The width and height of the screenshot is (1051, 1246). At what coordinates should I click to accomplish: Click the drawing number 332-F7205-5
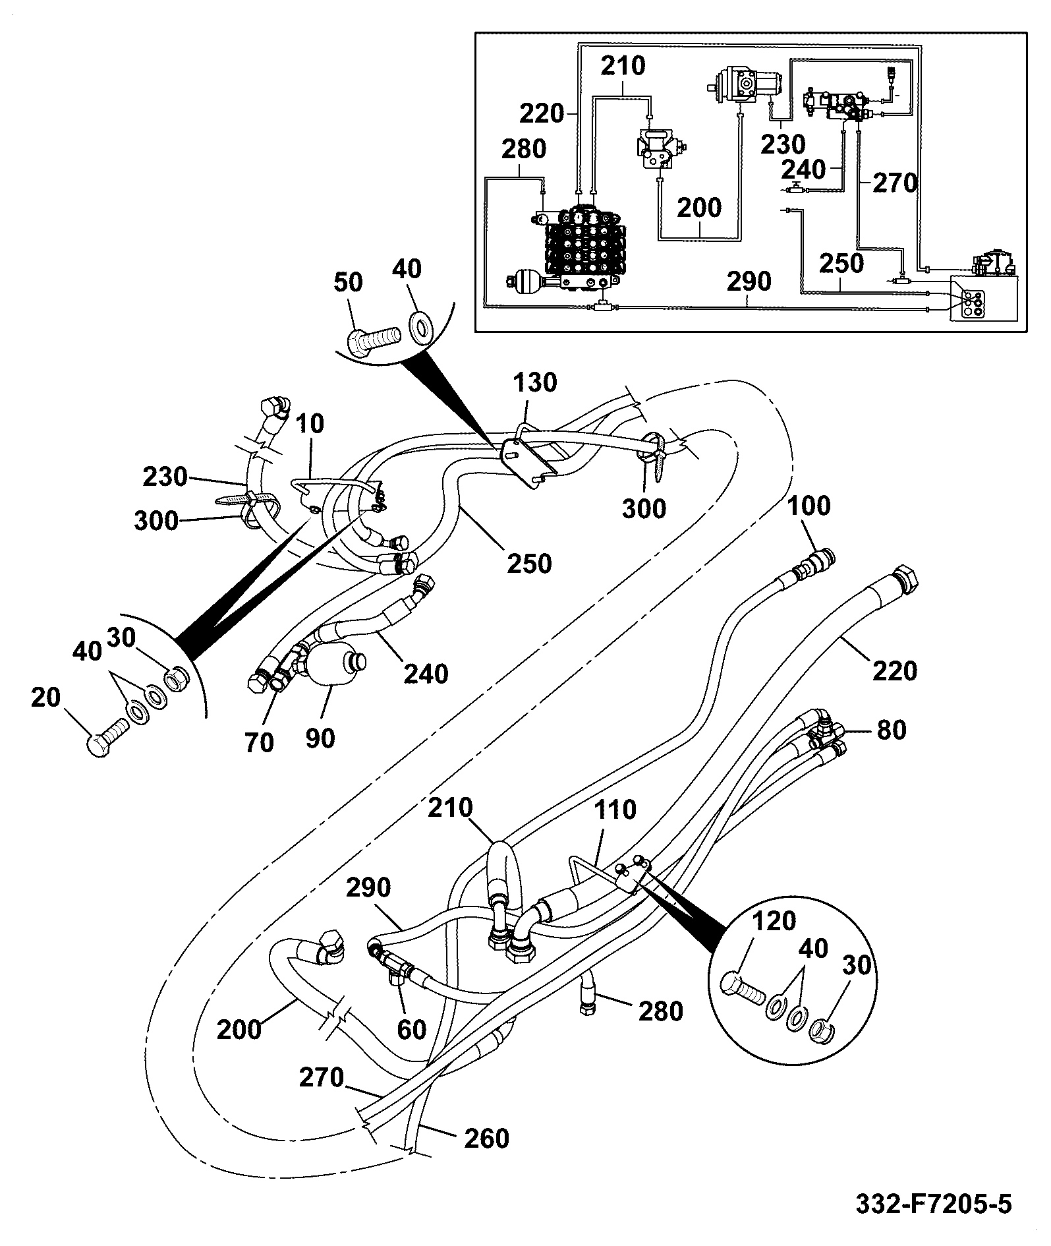(933, 1204)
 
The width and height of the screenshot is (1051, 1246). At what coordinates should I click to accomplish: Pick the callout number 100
(809, 506)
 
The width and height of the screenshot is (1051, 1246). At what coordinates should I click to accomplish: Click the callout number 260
(486, 1139)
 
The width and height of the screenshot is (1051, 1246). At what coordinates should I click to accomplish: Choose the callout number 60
(412, 1029)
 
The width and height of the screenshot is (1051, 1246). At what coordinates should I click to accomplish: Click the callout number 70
(259, 743)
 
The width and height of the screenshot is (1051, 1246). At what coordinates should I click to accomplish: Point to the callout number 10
(310, 424)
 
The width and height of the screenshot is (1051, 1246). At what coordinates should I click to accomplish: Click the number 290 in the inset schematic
(749, 282)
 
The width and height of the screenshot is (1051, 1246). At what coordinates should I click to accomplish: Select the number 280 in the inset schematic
(523, 149)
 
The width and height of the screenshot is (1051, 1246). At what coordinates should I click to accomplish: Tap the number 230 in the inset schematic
(783, 144)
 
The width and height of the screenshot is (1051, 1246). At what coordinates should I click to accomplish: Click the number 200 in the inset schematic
(699, 208)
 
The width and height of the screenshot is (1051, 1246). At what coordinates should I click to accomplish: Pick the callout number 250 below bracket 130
(530, 563)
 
